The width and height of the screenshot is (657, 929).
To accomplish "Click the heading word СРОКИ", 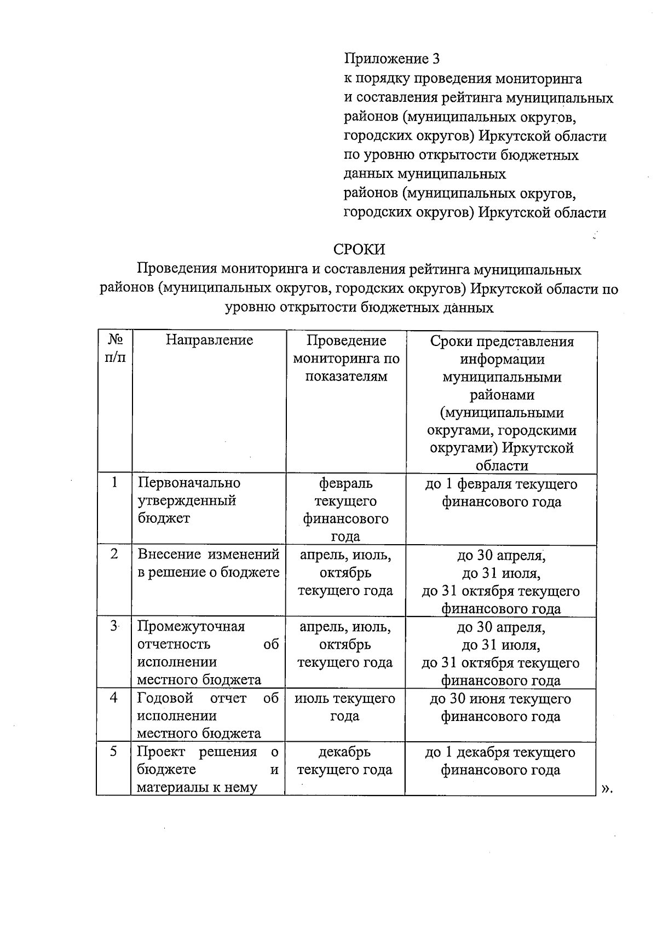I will click(359, 250).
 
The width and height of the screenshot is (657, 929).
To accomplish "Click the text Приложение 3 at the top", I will click(391, 59).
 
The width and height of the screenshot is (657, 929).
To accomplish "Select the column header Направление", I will click(209, 341).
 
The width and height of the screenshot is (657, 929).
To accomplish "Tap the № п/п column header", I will click(115, 349).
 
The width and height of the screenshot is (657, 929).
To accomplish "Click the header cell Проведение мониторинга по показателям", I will click(346, 359).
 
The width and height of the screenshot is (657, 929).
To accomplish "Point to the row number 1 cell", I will click(114, 482).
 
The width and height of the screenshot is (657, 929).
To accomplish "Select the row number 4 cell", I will click(114, 698).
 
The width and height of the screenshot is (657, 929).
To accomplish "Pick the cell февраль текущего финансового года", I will click(345, 510).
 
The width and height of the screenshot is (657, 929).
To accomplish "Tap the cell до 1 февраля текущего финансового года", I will click(501, 493).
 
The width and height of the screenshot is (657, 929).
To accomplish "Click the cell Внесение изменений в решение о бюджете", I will click(208, 563).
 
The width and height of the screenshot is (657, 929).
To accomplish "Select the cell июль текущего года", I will click(345, 707).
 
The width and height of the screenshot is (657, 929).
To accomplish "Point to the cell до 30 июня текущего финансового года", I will click(500, 707).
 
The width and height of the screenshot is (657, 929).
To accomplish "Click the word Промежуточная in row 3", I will click(191, 626).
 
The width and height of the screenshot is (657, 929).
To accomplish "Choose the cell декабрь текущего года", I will click(345, 761).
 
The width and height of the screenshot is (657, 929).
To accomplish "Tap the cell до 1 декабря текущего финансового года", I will click(500, 761).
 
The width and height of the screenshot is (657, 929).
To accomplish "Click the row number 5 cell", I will click(113, 752).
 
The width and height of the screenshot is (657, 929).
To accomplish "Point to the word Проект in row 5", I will click(160, 752).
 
